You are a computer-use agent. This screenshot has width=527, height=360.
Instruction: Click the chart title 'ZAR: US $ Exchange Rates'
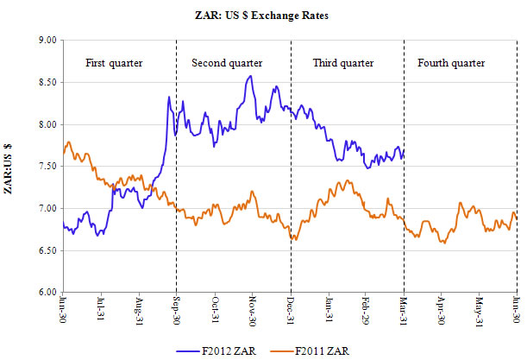click(x=264, y=15)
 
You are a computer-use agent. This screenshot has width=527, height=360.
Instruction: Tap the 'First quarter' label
click(x=114, y=63)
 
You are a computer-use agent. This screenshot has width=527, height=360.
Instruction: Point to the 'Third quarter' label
click(x=343, y=63)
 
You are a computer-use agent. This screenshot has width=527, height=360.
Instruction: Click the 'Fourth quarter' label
click(x=450, y=63)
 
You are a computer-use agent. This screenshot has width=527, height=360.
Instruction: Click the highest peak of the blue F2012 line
click(x=250, y=76)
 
